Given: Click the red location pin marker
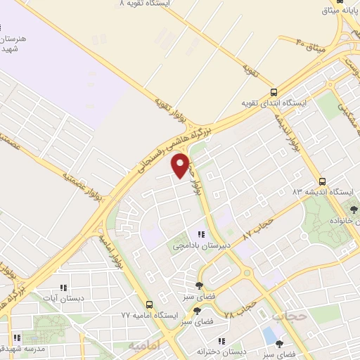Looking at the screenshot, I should [181, 165].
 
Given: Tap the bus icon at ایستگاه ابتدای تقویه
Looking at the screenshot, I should [274, 91].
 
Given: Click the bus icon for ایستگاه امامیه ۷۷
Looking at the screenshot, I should [148, 304].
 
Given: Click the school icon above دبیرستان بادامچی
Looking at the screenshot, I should [202, 235].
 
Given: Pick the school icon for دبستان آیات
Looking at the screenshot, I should [63, 287].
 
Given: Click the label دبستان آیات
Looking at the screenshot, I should [63, 298].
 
